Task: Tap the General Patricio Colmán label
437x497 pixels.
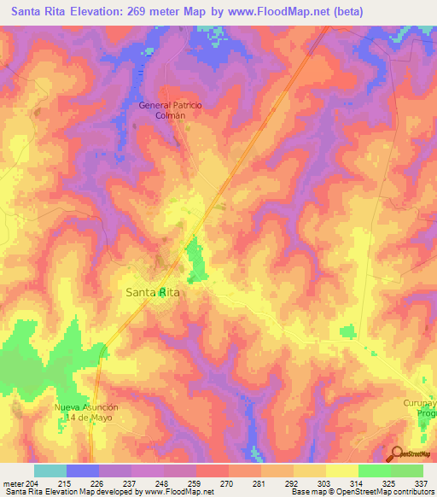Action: (171, 110)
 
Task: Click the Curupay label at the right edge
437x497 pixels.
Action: (419, 402)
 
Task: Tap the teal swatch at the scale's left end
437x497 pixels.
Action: (50, 471)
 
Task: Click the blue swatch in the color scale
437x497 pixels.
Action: (82, 471)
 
